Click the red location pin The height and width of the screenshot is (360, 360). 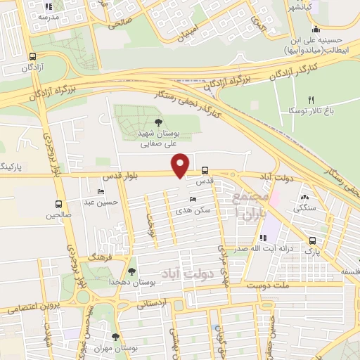(181, 165)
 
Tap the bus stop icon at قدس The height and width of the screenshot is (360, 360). (205, 170)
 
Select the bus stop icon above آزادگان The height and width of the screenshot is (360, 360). (33, 58)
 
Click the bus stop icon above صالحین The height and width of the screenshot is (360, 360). (59, 205)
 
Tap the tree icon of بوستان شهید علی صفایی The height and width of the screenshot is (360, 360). (157, 122)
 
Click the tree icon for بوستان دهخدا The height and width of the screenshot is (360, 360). (131, 271)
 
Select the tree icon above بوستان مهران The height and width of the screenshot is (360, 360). (116, 337)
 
